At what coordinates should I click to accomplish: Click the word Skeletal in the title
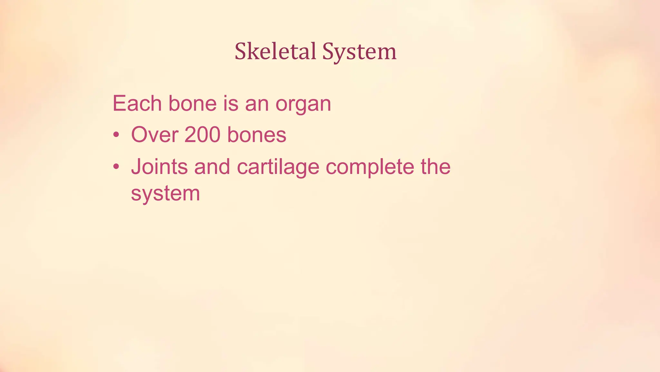[x=275, y=52]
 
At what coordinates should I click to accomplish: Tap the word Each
[x=137, y=104]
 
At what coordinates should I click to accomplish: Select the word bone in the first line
[x=192, y=104]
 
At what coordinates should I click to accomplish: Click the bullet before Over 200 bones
[x=116, y=134]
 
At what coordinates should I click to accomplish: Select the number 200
[x=202, y=135]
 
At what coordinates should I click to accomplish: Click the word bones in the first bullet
[x=257, y=135]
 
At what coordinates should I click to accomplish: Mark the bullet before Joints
[x=116, y=167]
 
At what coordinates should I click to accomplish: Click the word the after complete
[x=435, y=167]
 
